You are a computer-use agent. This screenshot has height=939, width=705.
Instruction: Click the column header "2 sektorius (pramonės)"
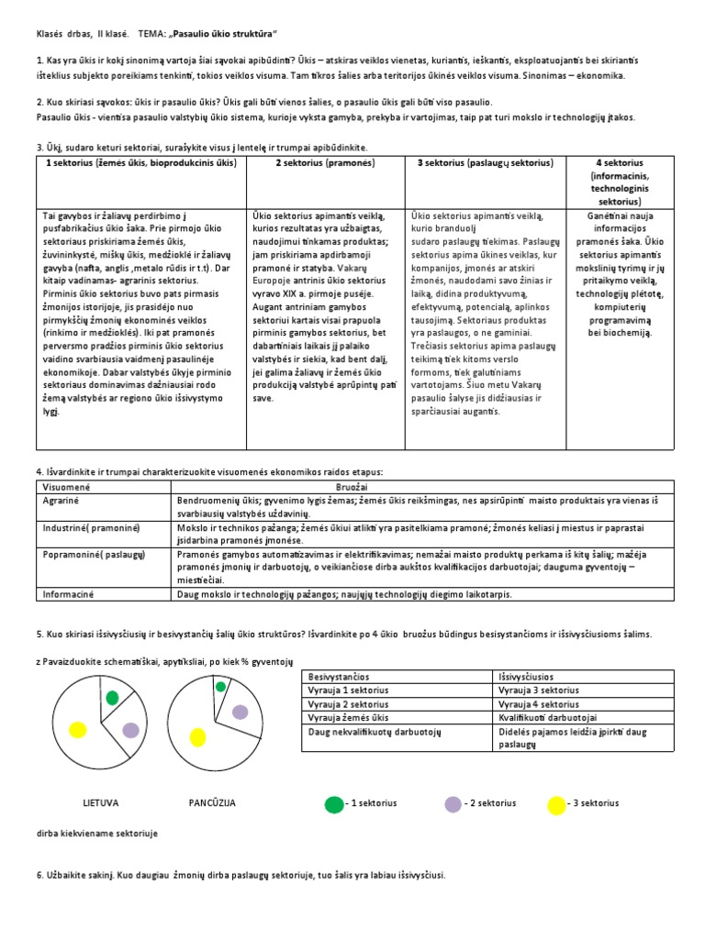(x=325, y=162)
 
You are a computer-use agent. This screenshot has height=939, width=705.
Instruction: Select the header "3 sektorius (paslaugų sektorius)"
(x=485, y=162)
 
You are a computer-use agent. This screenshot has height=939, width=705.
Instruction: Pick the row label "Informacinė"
(x=69, y=594)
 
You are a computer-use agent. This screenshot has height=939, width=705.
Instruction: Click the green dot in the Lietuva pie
(x=112, y=698)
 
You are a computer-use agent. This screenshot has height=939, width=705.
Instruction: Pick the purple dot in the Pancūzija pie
(x=241, y=712)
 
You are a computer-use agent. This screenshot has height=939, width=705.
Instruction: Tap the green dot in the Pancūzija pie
(x=219, y=687)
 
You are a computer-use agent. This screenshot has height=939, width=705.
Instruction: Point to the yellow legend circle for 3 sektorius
(x=555, y=805)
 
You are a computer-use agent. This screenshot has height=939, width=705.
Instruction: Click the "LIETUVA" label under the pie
(x=100, y=803)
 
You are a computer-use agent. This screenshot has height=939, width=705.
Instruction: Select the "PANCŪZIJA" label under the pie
(x=212, y=803)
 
